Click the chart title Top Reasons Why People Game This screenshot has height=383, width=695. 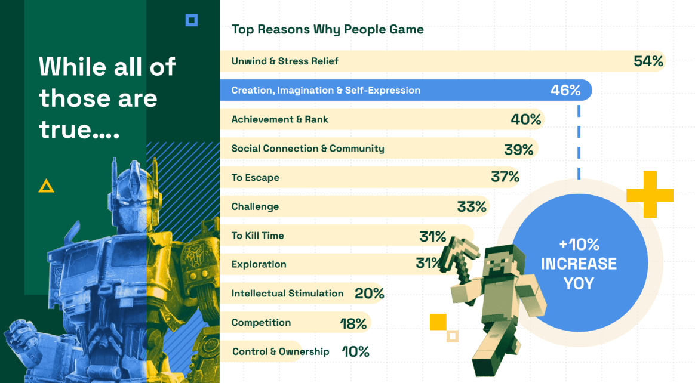click(x=327, y=29)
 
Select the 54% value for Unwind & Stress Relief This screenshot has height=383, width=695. click(x=648, y=61)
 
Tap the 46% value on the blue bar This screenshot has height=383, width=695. click(x=565, y=90)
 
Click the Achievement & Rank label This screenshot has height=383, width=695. click(x=279, y=119)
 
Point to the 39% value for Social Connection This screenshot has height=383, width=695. click(x=518, y=149)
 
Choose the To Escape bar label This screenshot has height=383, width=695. click(x=255, y=178)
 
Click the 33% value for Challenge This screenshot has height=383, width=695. click(x=472, y=207)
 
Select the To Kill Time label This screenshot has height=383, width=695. click(x=257, y=236)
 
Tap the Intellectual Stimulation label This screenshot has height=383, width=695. click(x=287, y=294)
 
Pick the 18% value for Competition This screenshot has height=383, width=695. click(x=353, y=323)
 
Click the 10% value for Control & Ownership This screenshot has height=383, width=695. click(x=355, y=352)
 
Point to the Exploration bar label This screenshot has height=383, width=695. click(x=259, y=264)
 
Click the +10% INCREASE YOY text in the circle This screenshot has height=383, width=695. click(x=579, y=264)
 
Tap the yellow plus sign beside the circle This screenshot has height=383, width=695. click(x=650, y=194)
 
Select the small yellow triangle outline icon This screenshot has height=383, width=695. click(x=46, y=186)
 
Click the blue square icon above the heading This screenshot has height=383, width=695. click(x=192, y=21)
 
